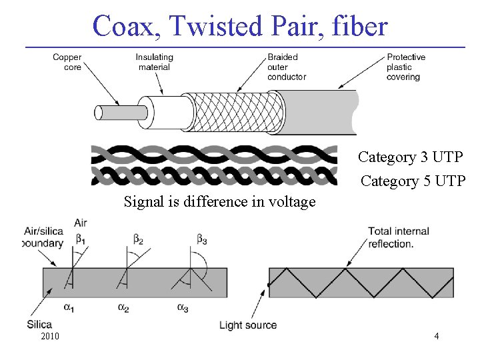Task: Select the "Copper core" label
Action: (x=67, y=62)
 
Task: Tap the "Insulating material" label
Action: (x=154, y=62)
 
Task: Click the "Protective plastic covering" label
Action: (x=405, y=67)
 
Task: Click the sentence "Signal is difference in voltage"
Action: (x=219, y=201)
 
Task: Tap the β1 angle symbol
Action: (x=81, y=238)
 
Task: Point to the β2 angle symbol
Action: (x=138, y=238)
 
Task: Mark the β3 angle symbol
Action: (x=201, y=238)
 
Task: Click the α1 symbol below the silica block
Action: (x=68, y=307)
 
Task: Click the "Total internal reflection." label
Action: (x=398, y=237)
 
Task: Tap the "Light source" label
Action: (x=248, y=325)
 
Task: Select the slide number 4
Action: (x=436, y=337)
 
